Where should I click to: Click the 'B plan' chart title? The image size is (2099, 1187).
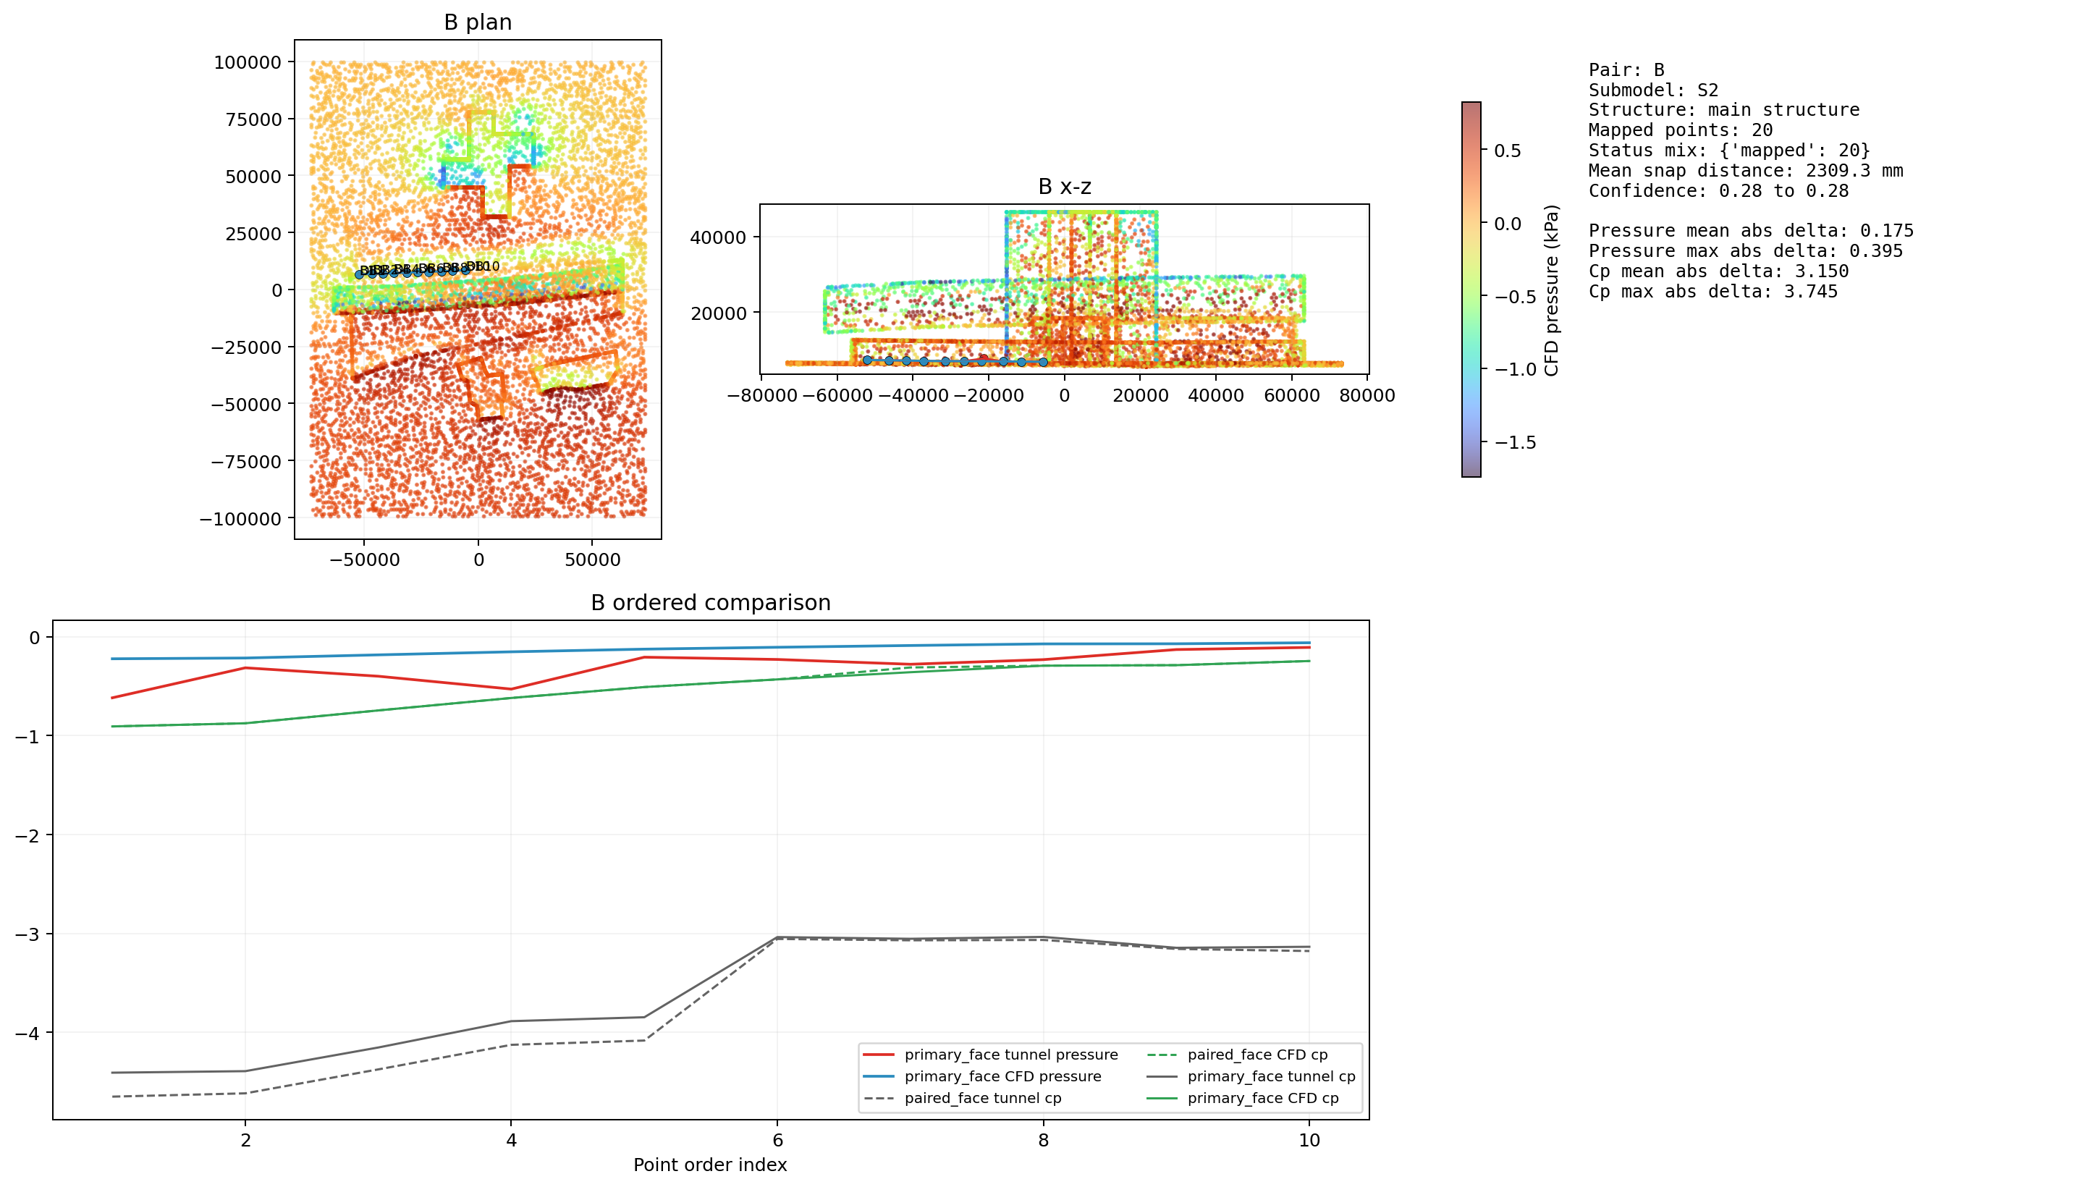click(478, 22)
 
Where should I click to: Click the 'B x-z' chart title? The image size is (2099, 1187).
click(1064, 187)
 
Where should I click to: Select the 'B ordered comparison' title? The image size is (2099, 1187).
click(710, 602)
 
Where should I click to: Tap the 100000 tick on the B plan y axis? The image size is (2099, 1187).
click(247, 63)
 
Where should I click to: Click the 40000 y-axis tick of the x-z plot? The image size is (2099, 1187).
click(717, 237)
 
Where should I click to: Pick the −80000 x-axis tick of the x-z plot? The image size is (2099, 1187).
click(761, 396)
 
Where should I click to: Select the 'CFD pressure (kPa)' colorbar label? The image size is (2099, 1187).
click(1551, 290)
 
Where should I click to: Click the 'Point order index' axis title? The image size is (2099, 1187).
click(710, 1164)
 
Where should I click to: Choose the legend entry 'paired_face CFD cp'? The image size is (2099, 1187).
click(1257, 1055)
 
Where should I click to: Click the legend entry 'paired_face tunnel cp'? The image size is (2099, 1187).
click(982, 1098)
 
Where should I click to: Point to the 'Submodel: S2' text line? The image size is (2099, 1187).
click(1652, 90)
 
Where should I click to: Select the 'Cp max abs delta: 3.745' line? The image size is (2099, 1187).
click(1712, 292)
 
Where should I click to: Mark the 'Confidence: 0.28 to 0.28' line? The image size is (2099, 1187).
click(1718, 191)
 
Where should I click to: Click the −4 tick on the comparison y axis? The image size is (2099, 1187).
click(28, 1034)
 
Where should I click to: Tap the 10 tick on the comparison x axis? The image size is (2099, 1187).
click(1309, 1141)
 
